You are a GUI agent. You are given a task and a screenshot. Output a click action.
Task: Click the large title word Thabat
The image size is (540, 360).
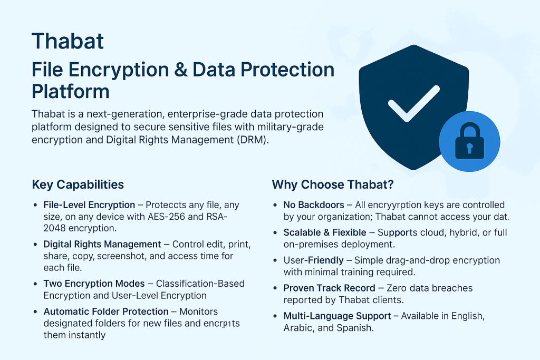coord(67,41)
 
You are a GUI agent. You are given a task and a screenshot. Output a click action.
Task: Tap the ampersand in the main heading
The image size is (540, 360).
coord(181,70)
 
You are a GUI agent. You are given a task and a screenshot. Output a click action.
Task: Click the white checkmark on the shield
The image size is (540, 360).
coord(413,103)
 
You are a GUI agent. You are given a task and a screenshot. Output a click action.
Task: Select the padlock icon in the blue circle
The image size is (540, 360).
coord(469,141)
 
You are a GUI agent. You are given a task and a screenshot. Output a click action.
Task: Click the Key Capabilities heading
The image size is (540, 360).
coord(78,184)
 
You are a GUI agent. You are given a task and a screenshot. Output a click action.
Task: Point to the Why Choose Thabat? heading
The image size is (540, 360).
coord(333,184)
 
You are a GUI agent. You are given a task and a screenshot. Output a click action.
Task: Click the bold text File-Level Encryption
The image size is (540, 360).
coord(89,205)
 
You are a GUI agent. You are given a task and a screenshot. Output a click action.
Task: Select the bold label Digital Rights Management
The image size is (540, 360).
coord(102,245)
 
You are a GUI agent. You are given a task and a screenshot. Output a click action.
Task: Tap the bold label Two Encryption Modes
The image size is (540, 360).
coord(94,284)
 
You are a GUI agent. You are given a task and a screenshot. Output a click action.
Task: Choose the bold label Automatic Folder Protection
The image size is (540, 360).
coord(106,312)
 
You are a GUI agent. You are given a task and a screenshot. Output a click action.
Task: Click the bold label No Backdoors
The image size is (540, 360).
coord(314,205)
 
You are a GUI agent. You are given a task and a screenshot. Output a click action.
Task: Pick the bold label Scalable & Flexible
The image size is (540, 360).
coord(325,232)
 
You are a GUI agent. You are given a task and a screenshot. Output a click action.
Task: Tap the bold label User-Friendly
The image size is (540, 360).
coord(313,260)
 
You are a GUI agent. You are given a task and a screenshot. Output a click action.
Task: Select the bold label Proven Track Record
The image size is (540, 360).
coord(329,288)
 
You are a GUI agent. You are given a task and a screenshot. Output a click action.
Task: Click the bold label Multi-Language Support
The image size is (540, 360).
coord(337,316)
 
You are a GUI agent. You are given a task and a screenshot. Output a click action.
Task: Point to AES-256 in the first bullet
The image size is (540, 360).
coord(166,217)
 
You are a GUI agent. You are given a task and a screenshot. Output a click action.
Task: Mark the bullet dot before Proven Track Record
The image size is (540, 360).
coord(275,288)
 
